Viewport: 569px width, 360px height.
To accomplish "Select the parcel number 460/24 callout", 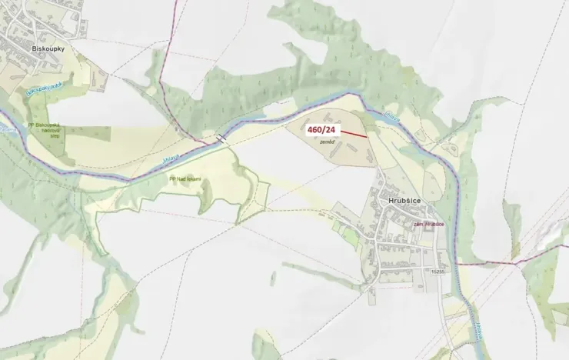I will pyautogui.click(x=321, y=131).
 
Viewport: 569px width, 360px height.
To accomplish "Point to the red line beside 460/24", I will pyautogui.click(x=352, y=134).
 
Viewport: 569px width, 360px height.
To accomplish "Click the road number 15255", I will pyautogui.click(x=439, y=272).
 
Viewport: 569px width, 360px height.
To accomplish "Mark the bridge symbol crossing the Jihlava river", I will pyautogui.click(x=221, y=138).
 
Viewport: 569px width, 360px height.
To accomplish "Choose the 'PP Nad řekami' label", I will pyautogui.click(x=184, y=178).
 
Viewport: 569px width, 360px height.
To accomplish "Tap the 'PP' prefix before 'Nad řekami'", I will pyautogui.click(x=171, y=178).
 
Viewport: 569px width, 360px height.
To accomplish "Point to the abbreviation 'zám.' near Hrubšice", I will pyautogui.click(x=419, y=224).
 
